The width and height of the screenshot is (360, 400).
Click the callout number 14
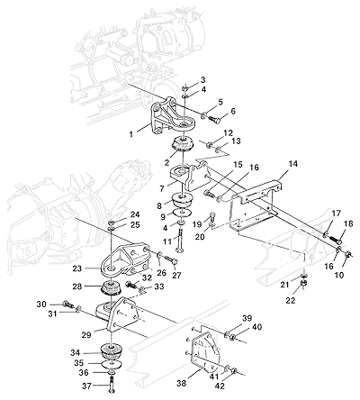pos(293,164)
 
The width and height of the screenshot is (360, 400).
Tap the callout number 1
pos(130,133)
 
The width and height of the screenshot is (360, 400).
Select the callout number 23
pos(77,268)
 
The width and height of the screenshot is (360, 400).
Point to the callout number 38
pos(182,383)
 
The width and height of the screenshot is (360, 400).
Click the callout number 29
pos(86,335)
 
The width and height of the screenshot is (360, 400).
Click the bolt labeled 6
pos(213,119)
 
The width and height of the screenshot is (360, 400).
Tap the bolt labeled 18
pos(336,240)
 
